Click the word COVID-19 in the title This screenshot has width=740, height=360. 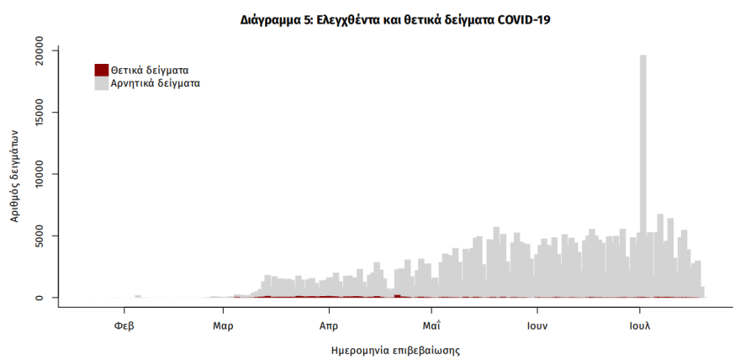519,19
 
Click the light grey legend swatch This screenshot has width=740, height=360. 101,83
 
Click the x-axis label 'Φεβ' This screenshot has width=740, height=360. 124,324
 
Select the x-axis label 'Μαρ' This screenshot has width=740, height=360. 222,324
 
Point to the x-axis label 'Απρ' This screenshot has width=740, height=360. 329,324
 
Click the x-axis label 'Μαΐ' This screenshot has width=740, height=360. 432,324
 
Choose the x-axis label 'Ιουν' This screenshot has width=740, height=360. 537,324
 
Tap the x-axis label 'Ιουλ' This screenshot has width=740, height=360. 640,324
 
